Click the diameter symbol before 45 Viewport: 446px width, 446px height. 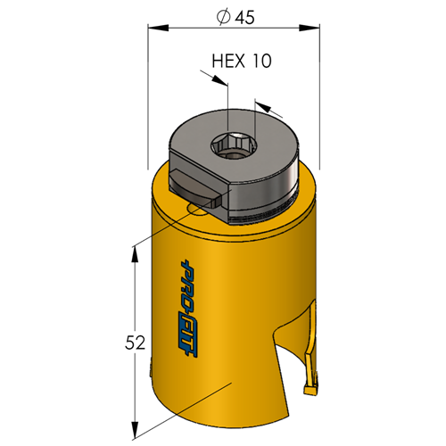224,18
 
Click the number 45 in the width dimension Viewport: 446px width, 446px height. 245,18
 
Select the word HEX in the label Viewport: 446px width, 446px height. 228,61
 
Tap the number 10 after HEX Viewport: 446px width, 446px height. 262,61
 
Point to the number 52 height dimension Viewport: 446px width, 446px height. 135,343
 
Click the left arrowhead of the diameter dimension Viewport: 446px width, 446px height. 158,28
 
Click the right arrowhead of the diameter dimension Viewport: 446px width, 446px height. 310,28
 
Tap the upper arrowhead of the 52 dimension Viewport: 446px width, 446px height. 135,254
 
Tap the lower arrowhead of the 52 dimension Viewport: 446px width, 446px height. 136,430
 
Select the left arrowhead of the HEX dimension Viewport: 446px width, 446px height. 219,79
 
